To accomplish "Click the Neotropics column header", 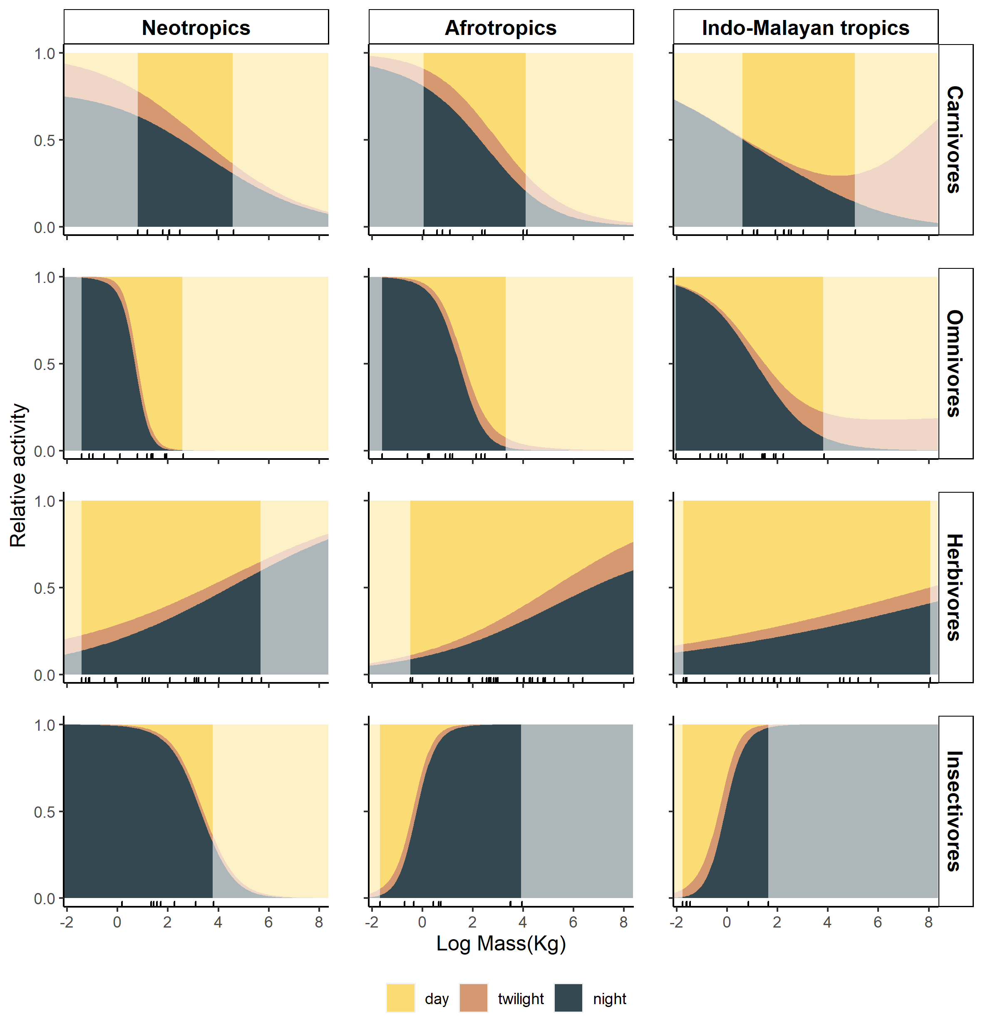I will point(196,28).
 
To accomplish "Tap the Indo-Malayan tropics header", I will point(805,28).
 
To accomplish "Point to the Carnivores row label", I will point(955,139).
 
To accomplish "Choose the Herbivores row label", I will point(955,587).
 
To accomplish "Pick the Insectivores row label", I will point(955,811).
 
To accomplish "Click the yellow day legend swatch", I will point(400,998).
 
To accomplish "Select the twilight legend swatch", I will point(473,998).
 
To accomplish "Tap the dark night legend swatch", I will point(568,998).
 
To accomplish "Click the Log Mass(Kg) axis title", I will point(501,943).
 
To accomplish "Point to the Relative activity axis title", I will point(18,475).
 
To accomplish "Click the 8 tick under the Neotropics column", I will point(319,923).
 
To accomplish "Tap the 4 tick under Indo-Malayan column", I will point(827,923).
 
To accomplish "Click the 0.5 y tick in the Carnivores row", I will point(45,140).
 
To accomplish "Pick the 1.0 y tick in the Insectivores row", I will point(45,725).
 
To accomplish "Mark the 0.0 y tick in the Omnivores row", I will point(45,451).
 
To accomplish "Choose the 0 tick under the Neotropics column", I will point(117,923).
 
